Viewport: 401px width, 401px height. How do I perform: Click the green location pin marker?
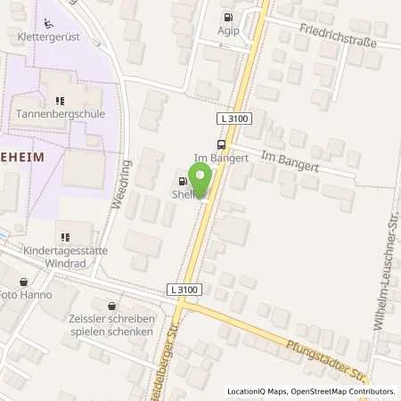200,178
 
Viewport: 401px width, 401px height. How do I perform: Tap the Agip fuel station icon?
228,17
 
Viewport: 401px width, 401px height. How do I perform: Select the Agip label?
228,29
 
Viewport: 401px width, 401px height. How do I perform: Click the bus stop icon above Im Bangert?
220,144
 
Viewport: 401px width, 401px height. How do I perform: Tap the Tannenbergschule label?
61,114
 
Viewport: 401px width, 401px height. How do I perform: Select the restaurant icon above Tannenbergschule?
61,101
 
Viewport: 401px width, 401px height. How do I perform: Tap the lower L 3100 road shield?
184,290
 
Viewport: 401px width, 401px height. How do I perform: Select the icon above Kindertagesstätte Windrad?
64,237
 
